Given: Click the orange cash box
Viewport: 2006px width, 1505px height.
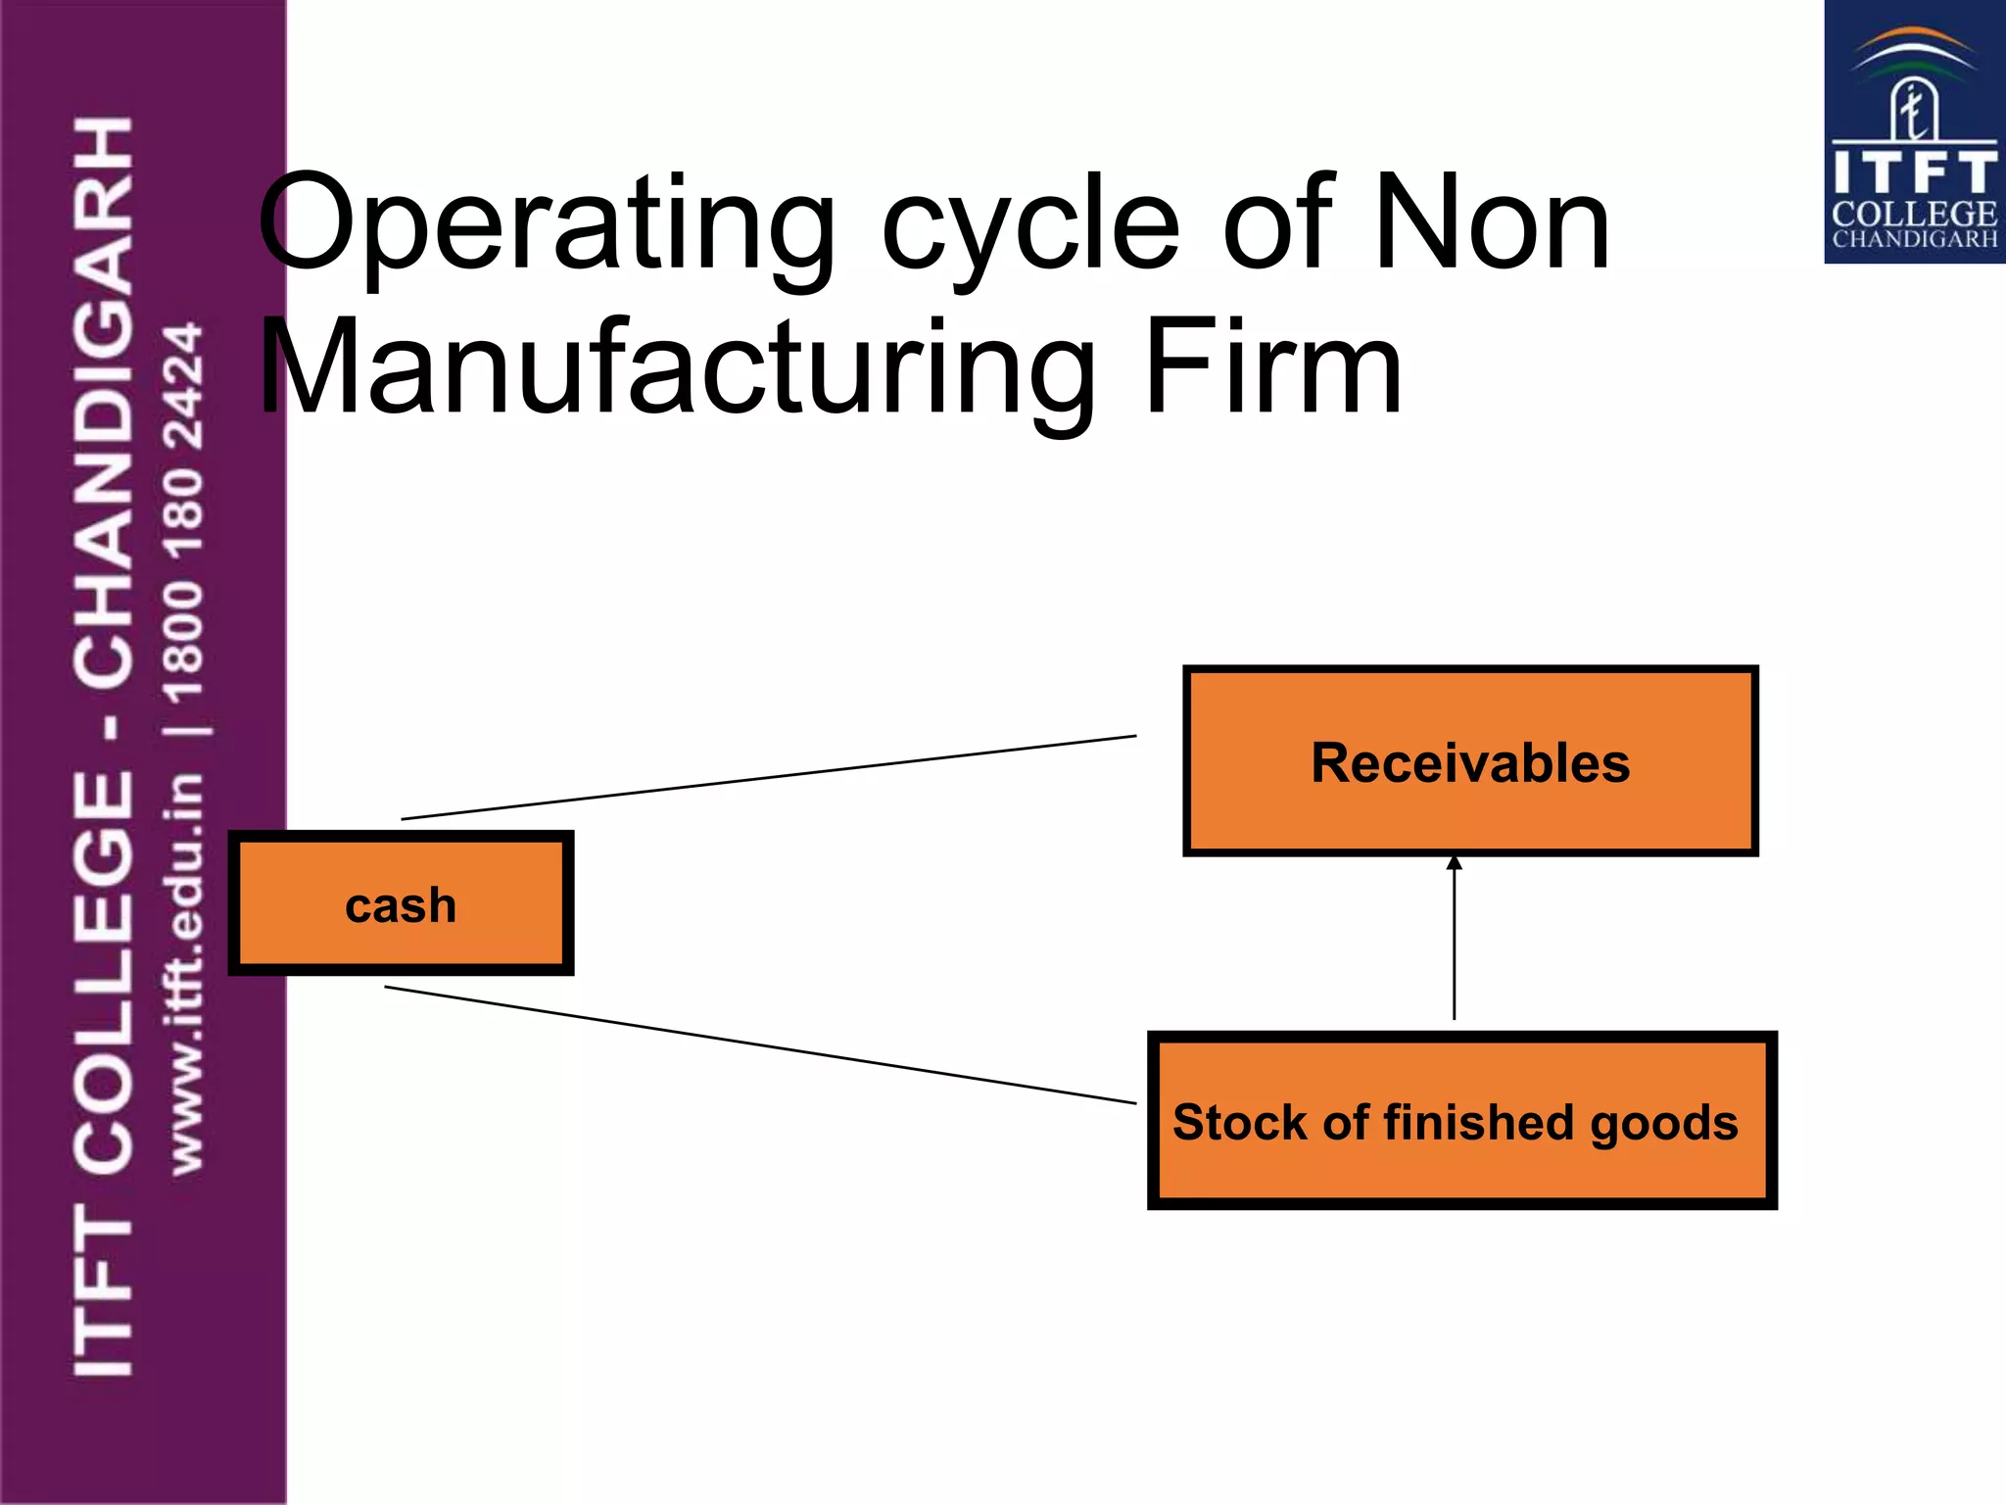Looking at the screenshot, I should pos(401,903).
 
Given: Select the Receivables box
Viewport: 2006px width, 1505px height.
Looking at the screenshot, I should pos(1469,761).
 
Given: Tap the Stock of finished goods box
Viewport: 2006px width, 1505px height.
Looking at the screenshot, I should pos(1461,1120).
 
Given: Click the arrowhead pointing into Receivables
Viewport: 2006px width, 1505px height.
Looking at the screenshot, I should pos(1454,863).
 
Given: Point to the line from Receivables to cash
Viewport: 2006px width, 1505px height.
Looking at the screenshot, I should pos(769,777).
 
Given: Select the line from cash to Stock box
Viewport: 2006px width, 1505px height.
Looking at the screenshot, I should pos(760,1044).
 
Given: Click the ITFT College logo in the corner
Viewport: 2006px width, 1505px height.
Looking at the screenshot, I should pos(1913,132).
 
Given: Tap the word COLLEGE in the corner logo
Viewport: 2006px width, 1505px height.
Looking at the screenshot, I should pos(1913,214).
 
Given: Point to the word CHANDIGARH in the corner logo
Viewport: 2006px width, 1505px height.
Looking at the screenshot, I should pos(1913,239).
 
